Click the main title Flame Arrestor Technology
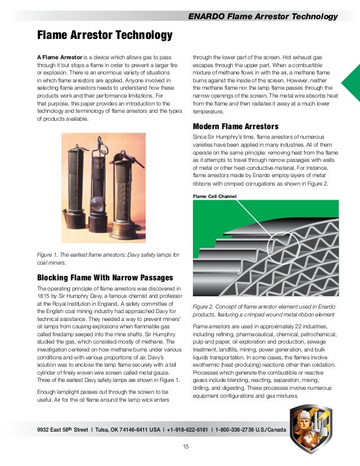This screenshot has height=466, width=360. click(x=104, y=36)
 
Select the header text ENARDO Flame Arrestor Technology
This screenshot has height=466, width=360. click(x=263, y=17)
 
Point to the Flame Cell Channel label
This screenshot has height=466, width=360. click(x=214, y=196)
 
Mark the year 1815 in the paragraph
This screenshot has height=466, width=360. click(x=45, y=296)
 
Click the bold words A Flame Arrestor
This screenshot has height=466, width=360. click(x=59, y=58)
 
